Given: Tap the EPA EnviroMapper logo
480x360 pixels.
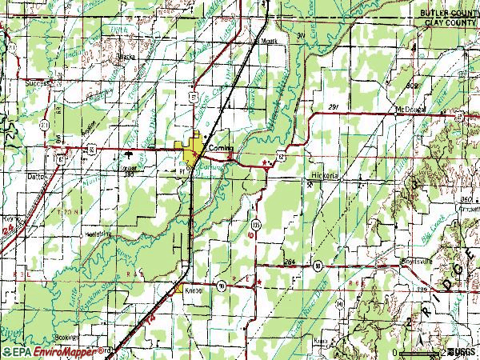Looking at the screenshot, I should point(45,351).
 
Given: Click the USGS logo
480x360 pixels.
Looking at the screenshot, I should point(460,351).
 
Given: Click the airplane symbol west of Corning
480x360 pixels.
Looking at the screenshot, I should point(128,150).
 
